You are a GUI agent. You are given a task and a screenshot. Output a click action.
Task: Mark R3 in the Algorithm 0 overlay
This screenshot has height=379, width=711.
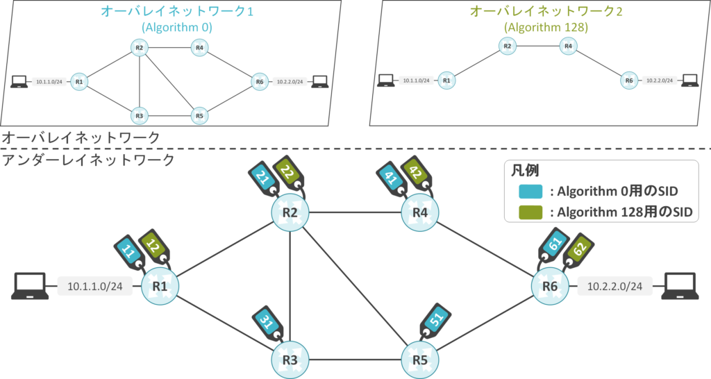[x=139, y=115]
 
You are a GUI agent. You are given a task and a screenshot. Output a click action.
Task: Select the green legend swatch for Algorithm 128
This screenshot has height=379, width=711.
[x=531, y=212]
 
